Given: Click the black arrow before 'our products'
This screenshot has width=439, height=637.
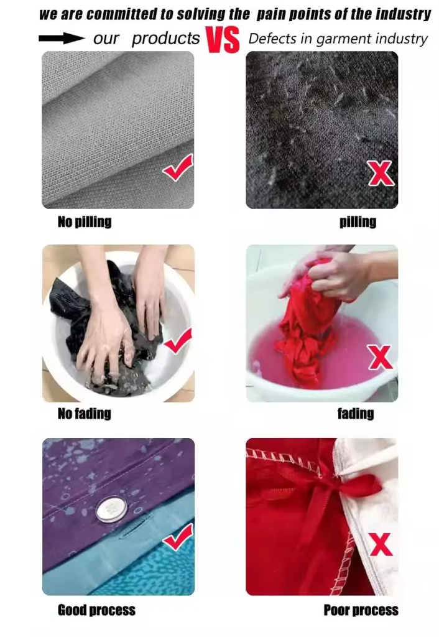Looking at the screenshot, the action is point(62,39).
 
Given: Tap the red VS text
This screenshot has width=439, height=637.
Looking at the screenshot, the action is point(223,40).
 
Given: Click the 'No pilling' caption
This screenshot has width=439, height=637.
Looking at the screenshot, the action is point(85,222).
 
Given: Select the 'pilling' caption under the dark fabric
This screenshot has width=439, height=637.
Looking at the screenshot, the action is point(358,222).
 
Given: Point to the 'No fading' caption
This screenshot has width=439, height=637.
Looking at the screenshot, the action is point(85,414).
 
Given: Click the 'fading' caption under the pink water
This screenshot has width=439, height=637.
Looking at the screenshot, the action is point(356,414).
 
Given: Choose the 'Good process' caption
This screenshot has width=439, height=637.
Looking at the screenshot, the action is point(96,610).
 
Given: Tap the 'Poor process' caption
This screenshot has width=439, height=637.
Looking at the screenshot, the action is point(361,610).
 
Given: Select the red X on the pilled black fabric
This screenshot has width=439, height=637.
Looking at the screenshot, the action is point(381,173).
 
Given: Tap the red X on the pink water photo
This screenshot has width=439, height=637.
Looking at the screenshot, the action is point(381,357).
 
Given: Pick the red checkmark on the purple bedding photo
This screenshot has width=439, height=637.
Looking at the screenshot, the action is point(178,537).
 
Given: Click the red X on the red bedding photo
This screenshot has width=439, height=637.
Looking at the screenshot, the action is point(381,544).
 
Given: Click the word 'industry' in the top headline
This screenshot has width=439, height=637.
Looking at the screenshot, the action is point(403,15).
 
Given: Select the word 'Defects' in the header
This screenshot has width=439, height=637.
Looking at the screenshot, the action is point(273,39).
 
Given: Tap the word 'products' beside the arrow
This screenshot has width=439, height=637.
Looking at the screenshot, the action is point(165,39).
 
